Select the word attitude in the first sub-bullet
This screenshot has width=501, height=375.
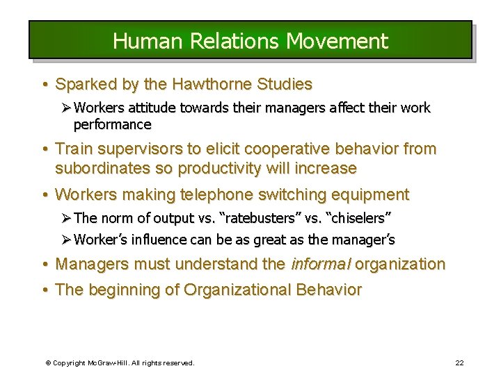148,108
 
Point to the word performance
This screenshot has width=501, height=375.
112,125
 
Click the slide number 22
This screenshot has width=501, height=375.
459,362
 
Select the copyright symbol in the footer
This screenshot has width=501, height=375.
48,362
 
